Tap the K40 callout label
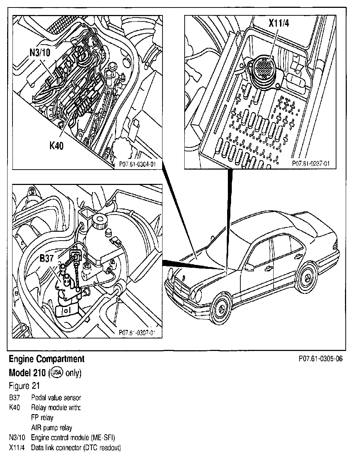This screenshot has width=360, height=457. click(57, 146)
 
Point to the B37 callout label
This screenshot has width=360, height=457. click(46, 258)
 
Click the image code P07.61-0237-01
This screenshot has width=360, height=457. click(310, 163)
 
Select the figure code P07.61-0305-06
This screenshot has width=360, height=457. click(320, 358)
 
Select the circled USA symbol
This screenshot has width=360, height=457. click(57, 373)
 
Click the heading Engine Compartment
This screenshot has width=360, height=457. click(46, 359)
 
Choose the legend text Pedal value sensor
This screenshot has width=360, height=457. click(56, 398)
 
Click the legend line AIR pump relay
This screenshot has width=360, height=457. click(51, 428)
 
